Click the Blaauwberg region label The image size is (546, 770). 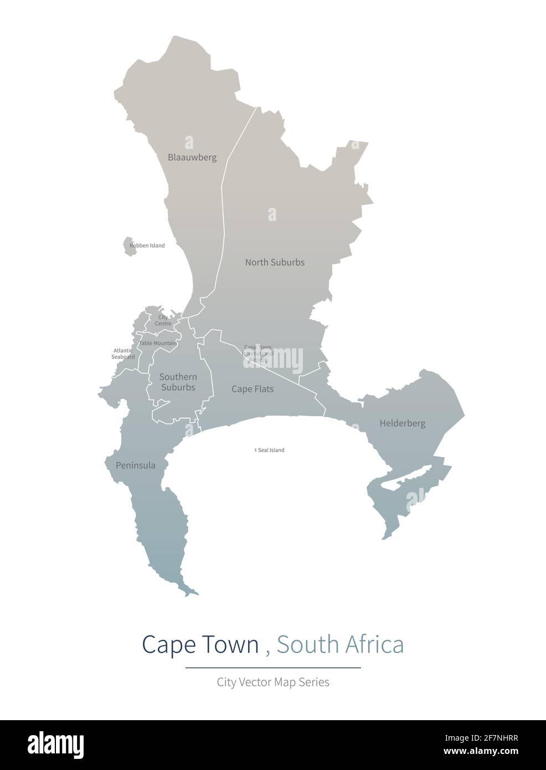click(x=192, y=157)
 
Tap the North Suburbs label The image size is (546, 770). click(x=275, y=262)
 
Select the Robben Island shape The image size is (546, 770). click(x=130, y=247)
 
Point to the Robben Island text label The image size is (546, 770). click(x=147, y=245)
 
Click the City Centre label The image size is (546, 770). click(x=163, y=320)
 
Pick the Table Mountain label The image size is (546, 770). click(x=158, y=343)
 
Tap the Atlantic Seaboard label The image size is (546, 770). click(x=123, y=353)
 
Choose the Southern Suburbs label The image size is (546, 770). click(x=178, y=382)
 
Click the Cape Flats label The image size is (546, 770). click(x=253, y=389)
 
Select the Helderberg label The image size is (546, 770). click(x=403, y=424)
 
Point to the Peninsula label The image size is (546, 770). click(x=136, y=465)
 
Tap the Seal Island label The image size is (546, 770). click(x=271, y=450)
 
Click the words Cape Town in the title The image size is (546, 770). click(x=200, y=644)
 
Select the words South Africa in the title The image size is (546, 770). click(x=340, y=644)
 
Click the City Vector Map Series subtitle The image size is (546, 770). click(x=273, y=682)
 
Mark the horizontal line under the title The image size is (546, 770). click(x=273, y=668)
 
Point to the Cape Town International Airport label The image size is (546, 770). click(x=259, y=353)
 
